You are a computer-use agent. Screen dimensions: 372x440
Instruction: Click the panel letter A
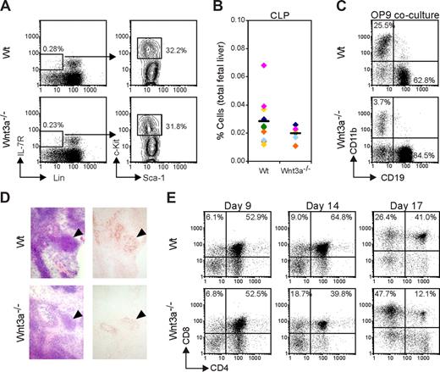pyautogui.click(x=6, y=7)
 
